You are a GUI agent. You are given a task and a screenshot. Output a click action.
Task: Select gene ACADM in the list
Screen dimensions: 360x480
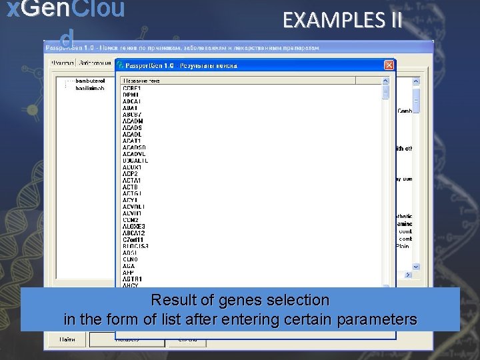tap(132, 121)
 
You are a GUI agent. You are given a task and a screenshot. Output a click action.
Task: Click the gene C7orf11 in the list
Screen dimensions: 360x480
tap(133, 240)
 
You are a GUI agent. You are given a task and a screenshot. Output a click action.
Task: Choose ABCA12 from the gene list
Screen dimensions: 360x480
tap(133, 233)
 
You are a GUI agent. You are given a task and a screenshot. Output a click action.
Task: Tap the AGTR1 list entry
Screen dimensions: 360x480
tap(132, 279)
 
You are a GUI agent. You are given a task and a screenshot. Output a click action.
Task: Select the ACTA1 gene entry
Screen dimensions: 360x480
tap(131, 180)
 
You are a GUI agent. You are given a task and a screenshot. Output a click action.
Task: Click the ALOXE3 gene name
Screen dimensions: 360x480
tap(133, 227)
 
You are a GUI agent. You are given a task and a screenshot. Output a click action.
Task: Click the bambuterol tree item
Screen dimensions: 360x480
tap(91, 81)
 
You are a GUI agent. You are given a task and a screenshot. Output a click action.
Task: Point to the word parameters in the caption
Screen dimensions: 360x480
tap(378, 319)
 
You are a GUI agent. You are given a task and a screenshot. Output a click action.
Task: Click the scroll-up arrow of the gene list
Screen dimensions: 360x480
tap(385, 81)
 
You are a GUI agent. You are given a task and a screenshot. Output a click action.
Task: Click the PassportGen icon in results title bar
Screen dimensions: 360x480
tap(120, 65)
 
